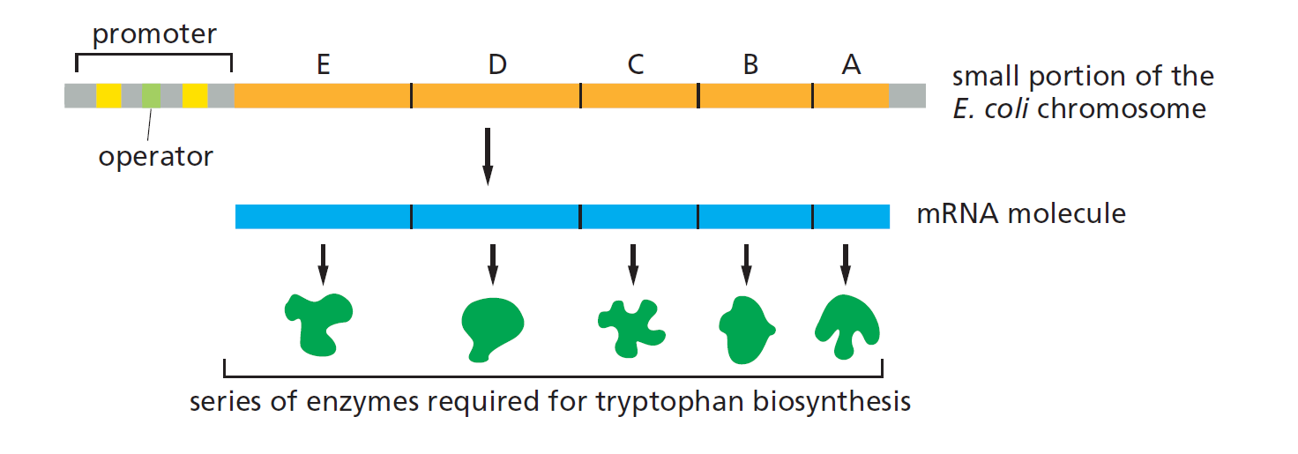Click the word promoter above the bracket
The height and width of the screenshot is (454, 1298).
154,35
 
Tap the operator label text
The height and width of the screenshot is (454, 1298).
155,157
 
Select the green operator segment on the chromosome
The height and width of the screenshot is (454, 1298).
152,96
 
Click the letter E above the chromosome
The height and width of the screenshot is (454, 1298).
323,64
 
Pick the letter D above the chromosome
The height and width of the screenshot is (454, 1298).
497,64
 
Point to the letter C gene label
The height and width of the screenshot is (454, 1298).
636,64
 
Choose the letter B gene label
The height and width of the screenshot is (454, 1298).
750,64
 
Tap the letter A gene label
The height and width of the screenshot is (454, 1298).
851,64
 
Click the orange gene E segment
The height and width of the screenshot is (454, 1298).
323,96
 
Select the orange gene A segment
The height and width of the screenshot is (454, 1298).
850,96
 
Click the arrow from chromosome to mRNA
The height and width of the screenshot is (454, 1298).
487,157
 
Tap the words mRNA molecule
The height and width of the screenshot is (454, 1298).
1021,214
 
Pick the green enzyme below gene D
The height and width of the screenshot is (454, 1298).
492,327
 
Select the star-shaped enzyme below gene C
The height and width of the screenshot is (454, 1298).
631,327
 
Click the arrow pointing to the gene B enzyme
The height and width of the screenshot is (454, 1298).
746,264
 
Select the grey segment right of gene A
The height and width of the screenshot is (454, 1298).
907,96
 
